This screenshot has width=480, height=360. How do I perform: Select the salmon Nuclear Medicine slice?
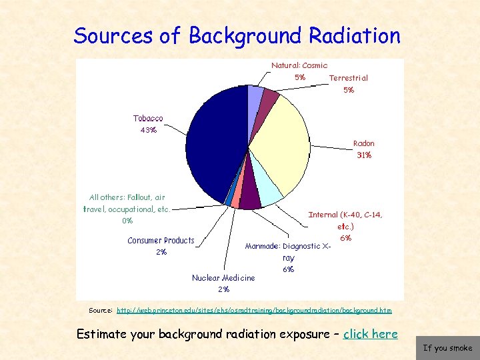click(236, 202)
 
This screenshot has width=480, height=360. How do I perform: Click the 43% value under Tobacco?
click(149, 130)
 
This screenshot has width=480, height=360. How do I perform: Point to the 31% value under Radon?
click(364, 155)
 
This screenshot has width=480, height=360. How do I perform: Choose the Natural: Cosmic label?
click(299, 65)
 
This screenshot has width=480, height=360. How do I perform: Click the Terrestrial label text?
click(348, 78)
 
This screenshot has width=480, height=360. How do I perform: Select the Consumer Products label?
click(161, 241)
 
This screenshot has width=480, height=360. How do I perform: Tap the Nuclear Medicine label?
click(223, 278)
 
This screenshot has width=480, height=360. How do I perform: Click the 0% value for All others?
click(127, 221)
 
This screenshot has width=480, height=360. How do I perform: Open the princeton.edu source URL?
click(254, 311)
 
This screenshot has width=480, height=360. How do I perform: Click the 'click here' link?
click(370, 334)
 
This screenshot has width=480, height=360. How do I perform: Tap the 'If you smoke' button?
click(447, 348)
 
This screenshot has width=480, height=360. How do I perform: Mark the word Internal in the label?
click(323, 215)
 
